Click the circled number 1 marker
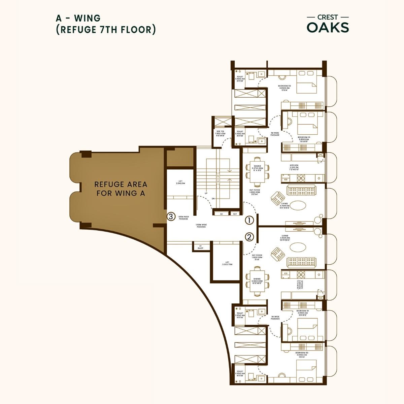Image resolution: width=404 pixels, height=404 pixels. (249, 221)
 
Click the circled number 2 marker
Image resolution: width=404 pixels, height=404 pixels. (249, 237)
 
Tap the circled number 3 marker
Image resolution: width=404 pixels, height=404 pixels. (171, 216)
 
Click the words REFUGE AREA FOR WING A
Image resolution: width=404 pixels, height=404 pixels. (121, 189)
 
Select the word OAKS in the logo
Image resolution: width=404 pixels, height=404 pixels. (328, 28)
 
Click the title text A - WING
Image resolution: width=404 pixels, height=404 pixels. (78, 18)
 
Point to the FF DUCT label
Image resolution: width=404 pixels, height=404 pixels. (201, 247)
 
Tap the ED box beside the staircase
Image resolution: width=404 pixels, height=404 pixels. (221, 214)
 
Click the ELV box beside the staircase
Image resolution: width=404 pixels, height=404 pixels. (235, 214)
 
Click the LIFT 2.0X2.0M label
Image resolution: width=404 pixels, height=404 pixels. (180, 182)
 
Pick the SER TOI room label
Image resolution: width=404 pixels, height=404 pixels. (220, 133)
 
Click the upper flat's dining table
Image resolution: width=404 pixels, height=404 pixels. (258, 171)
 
